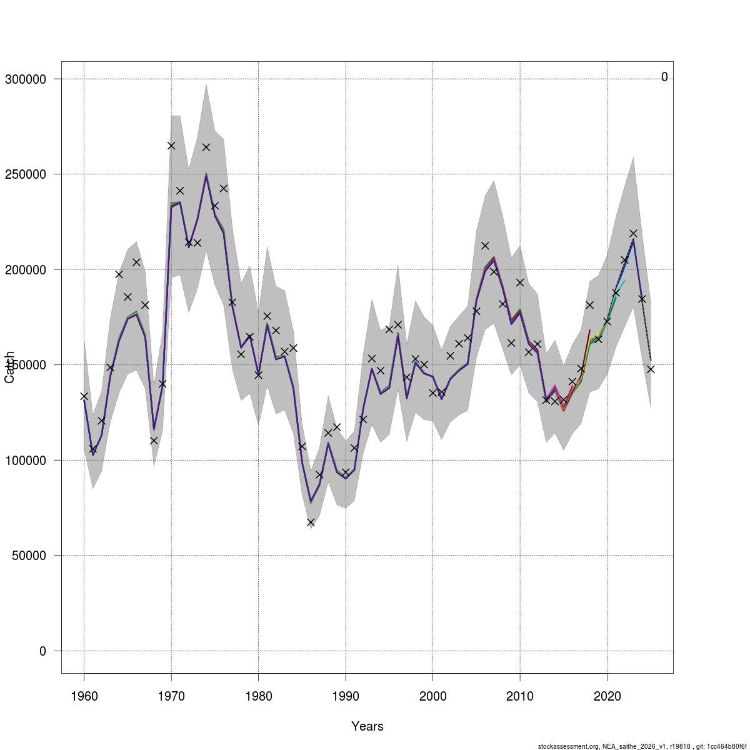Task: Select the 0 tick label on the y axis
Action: [42, 651]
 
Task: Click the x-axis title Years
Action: [367, 726]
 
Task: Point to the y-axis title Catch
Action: [10, 367]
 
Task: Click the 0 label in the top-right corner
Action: [664, 77]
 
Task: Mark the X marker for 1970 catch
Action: [171, 146]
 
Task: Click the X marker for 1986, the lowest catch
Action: [311, 522]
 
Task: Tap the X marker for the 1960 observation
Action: [84, 396]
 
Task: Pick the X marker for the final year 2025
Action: [651, 369]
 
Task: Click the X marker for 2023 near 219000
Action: [633, 234]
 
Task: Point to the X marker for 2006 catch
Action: [485, 246]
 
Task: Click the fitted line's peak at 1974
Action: [206, 176]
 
